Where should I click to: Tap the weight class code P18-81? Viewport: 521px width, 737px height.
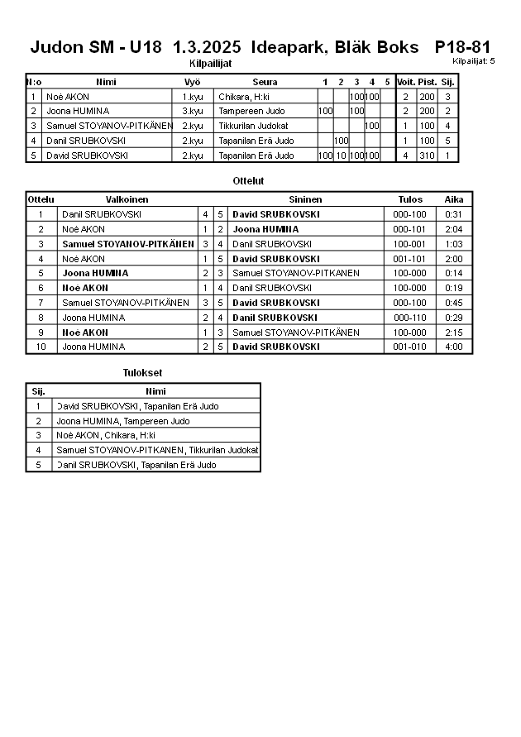(x=462, y=48)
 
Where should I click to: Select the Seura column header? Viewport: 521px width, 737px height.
(x=265, y=82)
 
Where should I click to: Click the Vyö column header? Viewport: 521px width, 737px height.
(x=193, y=82)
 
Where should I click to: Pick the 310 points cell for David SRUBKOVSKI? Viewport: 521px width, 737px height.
(x=427, y=156)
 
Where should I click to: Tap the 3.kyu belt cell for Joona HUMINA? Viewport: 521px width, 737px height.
(x=193, y=111)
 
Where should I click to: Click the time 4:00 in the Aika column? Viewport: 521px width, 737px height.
(x=453, y=347)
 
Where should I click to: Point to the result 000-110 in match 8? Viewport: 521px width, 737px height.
(x=409, y=318)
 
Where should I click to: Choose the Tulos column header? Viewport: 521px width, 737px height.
(x=410, y=199)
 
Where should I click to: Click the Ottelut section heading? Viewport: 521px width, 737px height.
(x=249, y=180)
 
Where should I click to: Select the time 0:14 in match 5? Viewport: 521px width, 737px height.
(x=453, y=273)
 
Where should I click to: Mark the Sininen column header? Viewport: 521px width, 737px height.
(x=305, y=199)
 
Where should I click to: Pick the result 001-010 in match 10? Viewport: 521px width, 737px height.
(x=409, y=347)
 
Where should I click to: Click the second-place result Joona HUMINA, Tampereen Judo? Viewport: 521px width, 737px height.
(x=122, y=421)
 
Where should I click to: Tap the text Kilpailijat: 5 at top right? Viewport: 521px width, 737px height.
(x=474, y=61)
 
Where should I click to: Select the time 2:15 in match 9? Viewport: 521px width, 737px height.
(x=453, y=333)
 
